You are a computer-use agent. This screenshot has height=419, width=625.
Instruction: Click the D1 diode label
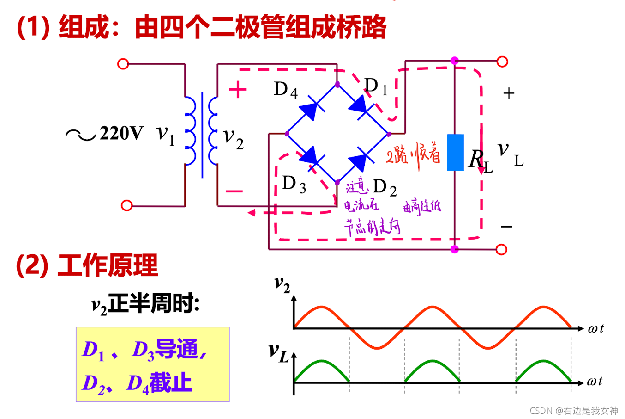[376, 86]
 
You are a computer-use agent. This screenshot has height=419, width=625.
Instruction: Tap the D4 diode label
[285, 89]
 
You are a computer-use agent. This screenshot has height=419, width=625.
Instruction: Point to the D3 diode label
[294, 184]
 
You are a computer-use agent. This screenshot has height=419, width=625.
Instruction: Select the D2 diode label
[385, 187]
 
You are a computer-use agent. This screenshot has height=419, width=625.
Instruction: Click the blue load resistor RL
[455, 153]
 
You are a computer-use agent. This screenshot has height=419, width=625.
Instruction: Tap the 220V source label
[121, 133]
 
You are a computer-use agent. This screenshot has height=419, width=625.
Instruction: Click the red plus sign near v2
[238, 90]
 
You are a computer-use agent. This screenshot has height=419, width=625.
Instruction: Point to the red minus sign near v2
[234, 191]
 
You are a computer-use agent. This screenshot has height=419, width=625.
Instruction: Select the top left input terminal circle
[123, 64]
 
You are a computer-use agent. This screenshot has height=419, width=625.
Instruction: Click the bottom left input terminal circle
[126, 205]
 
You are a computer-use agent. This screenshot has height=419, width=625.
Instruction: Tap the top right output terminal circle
[502, 62]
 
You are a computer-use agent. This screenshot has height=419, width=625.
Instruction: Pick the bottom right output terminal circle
[501, 250]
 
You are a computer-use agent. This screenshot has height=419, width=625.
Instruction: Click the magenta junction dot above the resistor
[455, 61]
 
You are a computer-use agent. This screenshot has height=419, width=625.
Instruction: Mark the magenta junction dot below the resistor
[455, 250]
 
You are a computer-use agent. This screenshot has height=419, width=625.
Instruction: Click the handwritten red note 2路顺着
[413, 155]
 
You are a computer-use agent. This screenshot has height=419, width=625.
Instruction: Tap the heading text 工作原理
[108, 265]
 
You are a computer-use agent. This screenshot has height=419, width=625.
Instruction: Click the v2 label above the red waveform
[282, 283]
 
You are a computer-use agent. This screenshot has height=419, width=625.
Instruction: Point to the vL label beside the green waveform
[278, 352]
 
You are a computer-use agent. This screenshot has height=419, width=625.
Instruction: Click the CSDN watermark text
[573, 411]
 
